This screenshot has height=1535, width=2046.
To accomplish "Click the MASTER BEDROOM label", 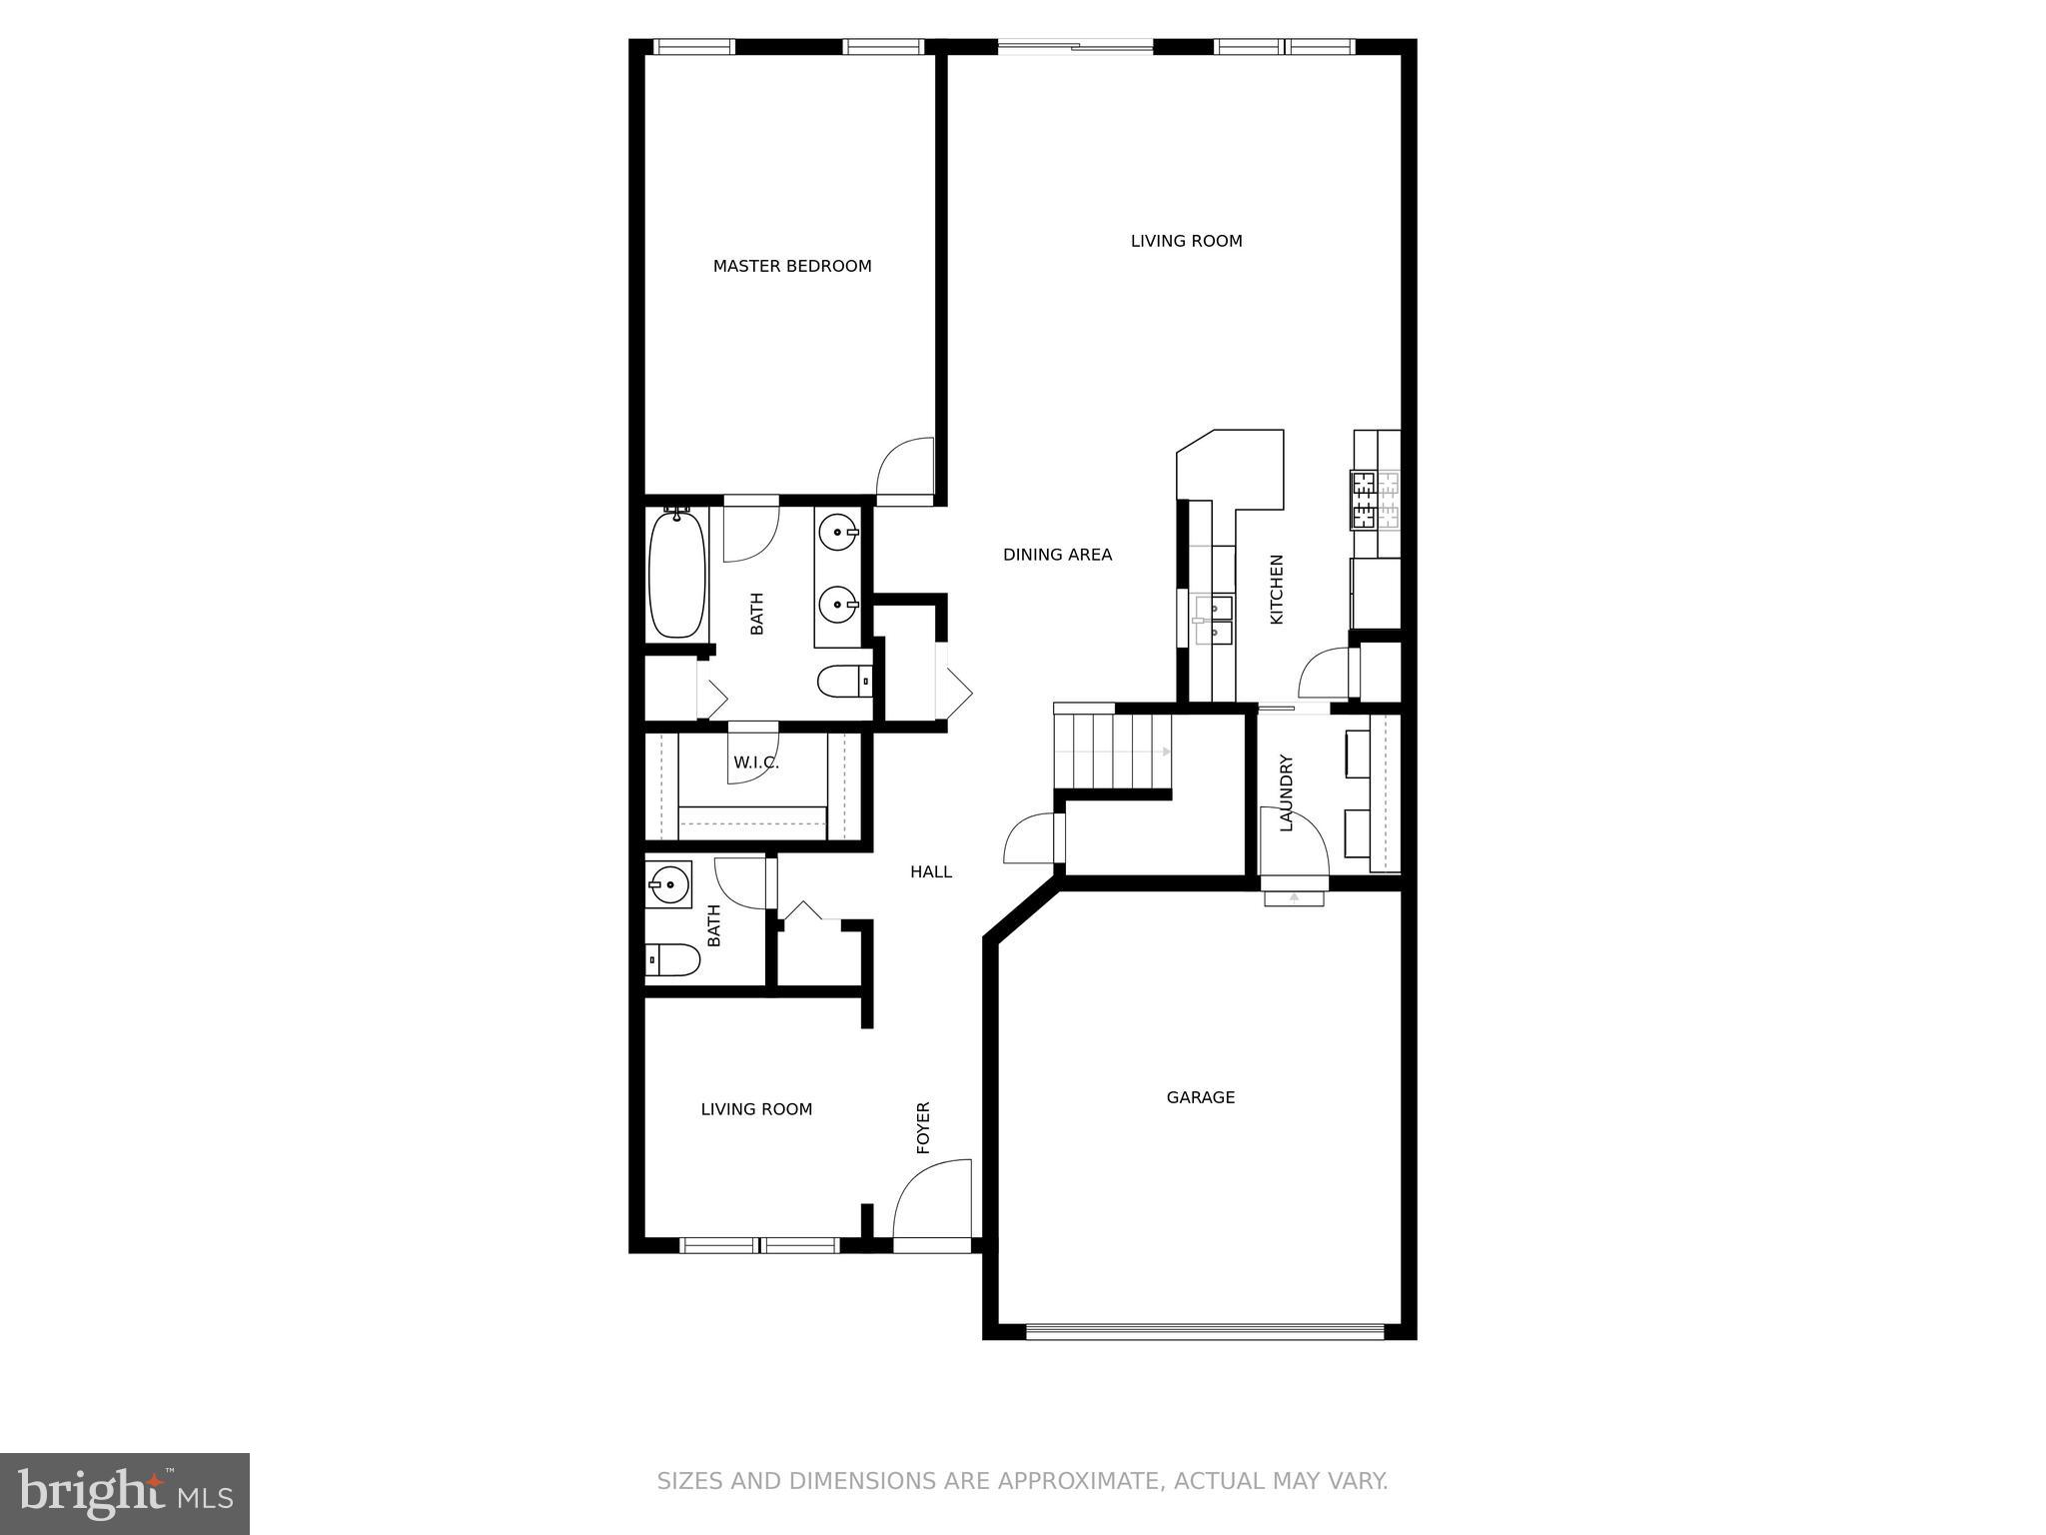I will [792, 266].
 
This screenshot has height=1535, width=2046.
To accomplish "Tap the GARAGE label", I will [1200, 1097].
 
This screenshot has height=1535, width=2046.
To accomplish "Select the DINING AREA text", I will [1057, 555].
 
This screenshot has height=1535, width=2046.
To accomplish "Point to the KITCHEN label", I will [1276, 590].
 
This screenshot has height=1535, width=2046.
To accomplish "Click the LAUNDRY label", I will [1286, 792].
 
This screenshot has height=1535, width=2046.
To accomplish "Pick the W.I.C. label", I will [755, 763].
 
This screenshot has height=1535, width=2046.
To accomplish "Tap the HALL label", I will [930, 872].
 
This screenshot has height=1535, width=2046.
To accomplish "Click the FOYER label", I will [923, 1127].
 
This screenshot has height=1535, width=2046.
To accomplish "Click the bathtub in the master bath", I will [677, 573].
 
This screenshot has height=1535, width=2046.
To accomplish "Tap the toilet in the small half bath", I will [671, 960].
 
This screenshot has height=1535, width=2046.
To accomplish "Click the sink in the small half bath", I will [667, 883].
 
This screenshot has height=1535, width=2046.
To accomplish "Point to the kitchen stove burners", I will [1375, 499].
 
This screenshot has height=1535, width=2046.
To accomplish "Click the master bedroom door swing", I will [904, 466].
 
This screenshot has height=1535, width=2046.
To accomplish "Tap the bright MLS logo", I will [125, 1493].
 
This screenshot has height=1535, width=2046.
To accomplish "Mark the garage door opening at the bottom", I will [1204, 1331].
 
